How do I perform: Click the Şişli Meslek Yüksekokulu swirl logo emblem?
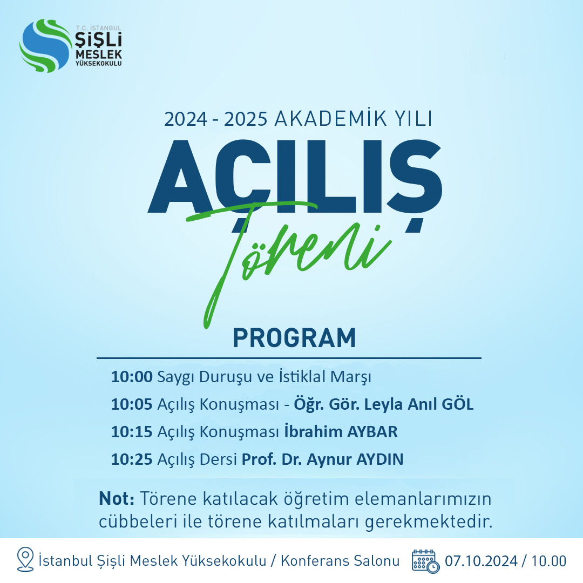[x=45, y=46]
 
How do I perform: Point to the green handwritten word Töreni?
[x=288, y=260]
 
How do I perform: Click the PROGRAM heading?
[x=294, y=337]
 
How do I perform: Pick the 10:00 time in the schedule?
[x=132, y=377]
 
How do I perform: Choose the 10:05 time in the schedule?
[x=132, y=404]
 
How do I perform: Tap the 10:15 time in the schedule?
[x=132, y=432]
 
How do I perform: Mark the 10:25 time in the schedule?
[x=132, y=459]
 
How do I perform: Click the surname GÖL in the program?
[x=457, y=404]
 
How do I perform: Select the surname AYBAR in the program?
[x=372, y=432]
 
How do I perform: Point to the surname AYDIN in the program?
[x=379, y=459]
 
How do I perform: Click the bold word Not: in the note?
[x=117, y=498]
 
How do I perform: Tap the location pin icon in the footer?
[x=25, y=559]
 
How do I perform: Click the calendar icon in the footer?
[x=425, y=561]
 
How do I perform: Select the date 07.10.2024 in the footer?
[x=481, y=561]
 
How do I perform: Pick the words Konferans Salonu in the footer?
[x=340, y=561]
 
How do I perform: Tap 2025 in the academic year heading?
[x=246, y=119]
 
